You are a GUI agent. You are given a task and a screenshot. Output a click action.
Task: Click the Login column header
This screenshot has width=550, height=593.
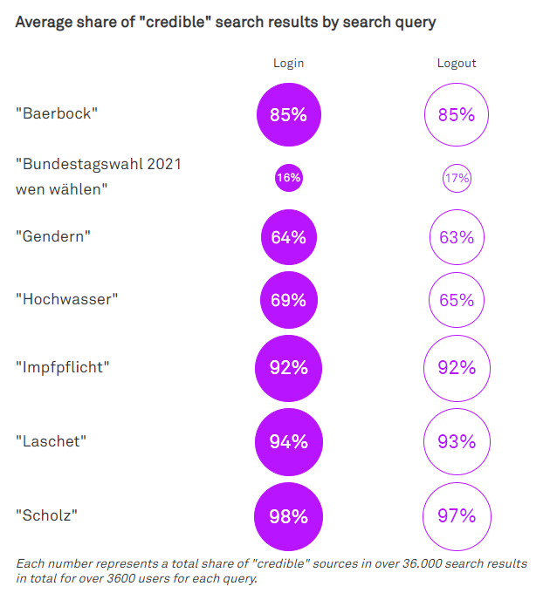pos(288,63)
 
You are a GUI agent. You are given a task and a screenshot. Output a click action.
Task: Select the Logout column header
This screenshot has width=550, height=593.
pos(457,63)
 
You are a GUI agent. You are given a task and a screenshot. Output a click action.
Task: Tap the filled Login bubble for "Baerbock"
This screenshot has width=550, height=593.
pos(288,114)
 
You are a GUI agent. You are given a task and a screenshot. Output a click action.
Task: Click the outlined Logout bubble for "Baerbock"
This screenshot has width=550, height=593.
pos(456,114)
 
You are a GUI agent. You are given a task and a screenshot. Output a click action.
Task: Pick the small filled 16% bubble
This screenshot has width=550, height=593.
pos(288,178)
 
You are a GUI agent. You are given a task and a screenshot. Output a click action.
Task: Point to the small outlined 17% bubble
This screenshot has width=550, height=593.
pos(456,178)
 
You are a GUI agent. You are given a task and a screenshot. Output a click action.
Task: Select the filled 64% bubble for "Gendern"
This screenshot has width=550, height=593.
pos(288,237)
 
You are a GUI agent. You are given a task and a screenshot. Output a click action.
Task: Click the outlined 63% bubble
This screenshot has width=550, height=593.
pos(456,237)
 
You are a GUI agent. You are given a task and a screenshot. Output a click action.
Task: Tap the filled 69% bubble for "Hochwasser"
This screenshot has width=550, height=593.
pos(288,301)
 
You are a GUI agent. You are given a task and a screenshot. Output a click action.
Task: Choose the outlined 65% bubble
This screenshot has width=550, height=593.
pos(456,301)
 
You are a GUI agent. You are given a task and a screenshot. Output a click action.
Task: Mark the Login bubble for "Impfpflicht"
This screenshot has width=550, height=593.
pos(288,368)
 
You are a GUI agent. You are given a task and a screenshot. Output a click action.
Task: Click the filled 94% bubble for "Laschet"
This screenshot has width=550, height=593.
pos(288,442)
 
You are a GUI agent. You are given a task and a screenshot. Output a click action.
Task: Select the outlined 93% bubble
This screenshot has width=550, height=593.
pos(456,442)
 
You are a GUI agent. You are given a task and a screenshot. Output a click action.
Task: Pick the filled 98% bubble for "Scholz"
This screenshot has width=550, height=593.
pos(288,516)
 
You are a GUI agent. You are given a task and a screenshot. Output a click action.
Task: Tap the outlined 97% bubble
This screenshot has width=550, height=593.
pos(456,516)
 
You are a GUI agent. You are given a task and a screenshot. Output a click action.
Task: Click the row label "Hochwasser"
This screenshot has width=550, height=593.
pos(67,300)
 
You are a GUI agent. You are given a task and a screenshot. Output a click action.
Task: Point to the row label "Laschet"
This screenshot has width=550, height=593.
pos(52,441)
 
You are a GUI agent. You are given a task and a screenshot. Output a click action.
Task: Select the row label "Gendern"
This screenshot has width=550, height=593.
pos(53,236)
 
